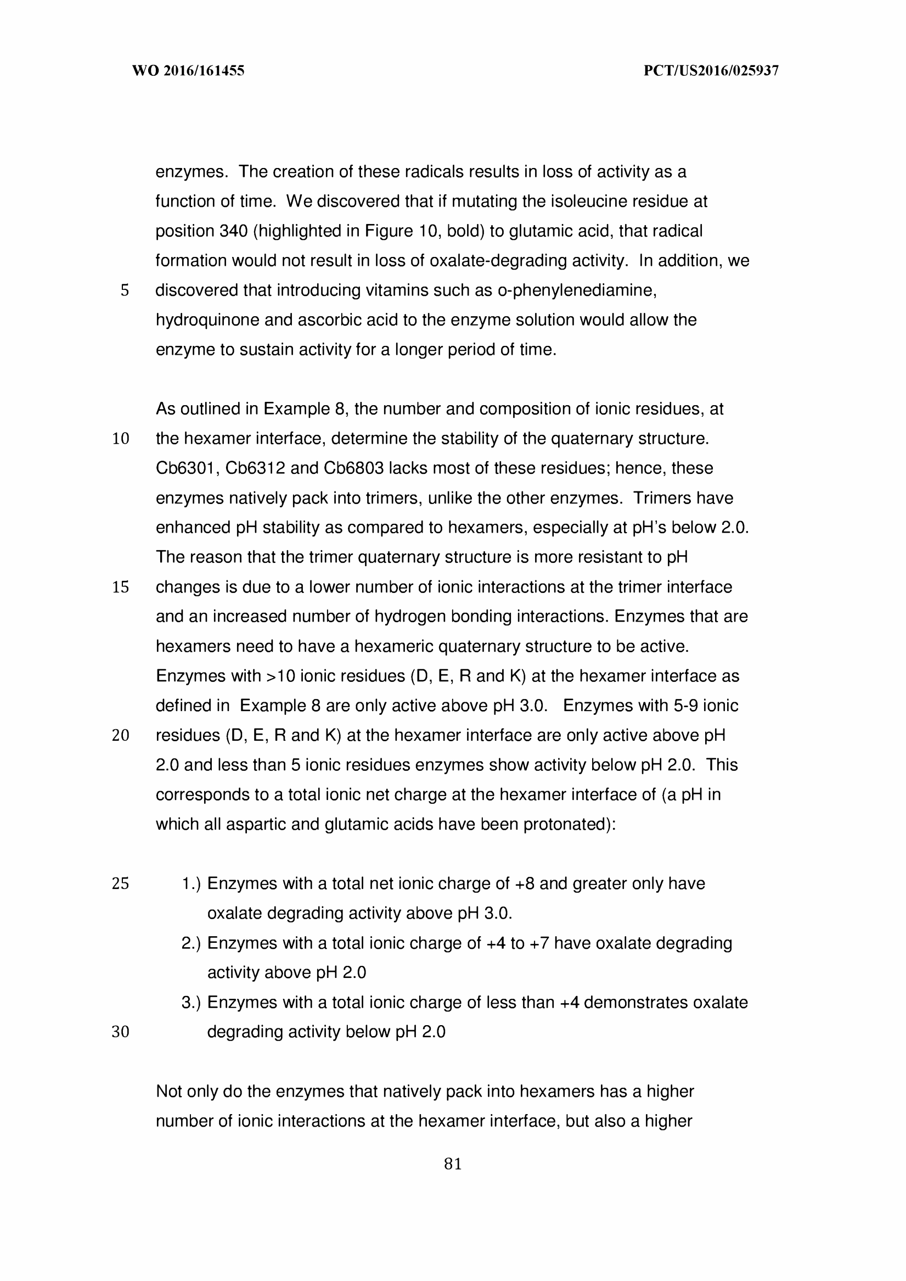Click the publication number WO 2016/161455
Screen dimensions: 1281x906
click(x=188, y=71)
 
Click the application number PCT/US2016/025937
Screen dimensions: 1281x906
click(x=711, y=71)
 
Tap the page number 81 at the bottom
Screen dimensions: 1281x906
click(x=452, y=1164)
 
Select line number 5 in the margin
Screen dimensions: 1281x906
click(x=125, y=290)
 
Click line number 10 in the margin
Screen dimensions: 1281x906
click(x=121, y=439)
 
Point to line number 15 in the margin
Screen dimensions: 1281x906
click(x=121, y=587)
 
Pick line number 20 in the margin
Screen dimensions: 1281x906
click(x=121, y=736)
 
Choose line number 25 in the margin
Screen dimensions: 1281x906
click(x=121, y=883)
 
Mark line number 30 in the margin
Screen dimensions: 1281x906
click(x=121, y=1032)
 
